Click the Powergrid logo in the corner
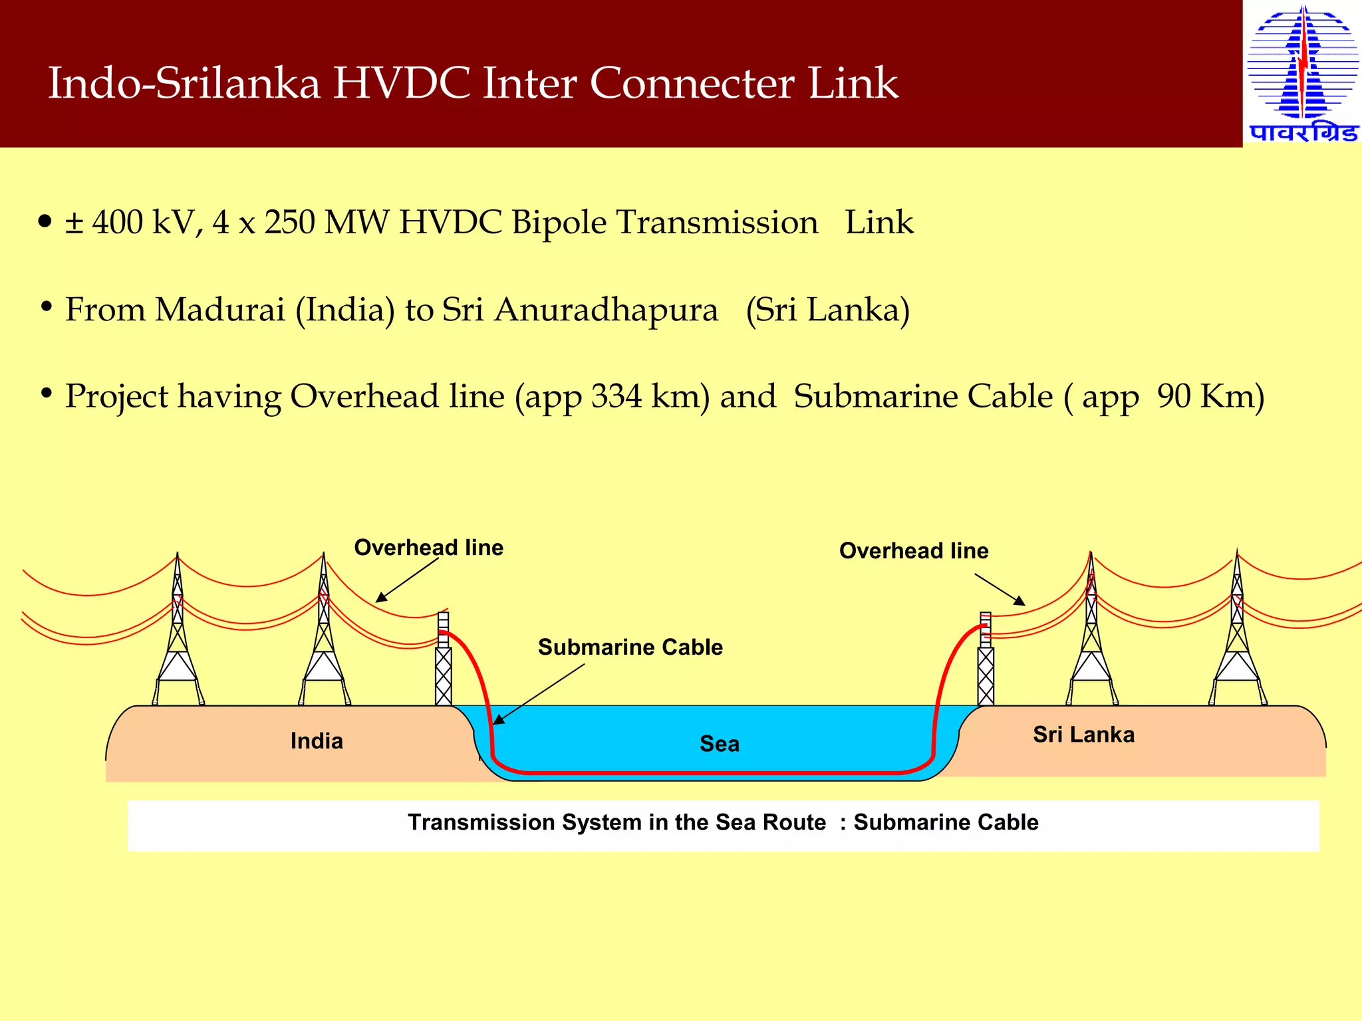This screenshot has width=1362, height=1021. click(1302, 73)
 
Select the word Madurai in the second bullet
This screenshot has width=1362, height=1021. click(219, 310)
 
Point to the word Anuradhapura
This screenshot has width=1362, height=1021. click(606, 310)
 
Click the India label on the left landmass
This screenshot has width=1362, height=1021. click(317, 741)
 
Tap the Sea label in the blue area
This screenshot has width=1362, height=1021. click(719, 744)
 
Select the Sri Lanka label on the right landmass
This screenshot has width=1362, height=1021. click(1083, 735)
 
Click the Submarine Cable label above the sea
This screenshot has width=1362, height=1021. click(630, 647)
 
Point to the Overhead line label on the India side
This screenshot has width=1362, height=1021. click(428, 548)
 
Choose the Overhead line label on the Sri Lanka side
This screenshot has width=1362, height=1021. click(913, 551)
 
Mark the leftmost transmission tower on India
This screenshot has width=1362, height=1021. click(178, 638)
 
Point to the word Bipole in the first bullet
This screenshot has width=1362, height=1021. click(559, 223)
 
